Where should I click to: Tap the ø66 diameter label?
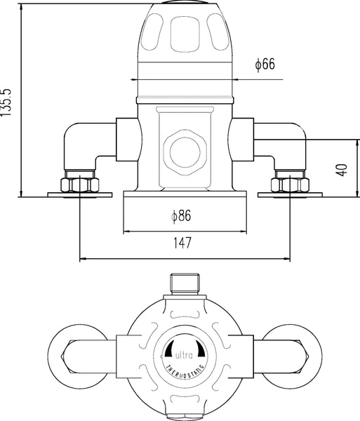point(265,65)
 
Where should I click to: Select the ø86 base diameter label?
point(181,216)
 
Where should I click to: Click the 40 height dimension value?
point(342,169)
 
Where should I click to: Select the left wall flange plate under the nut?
point(79,195)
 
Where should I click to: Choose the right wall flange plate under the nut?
point(289,195)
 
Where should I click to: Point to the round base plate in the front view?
point(185,192)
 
